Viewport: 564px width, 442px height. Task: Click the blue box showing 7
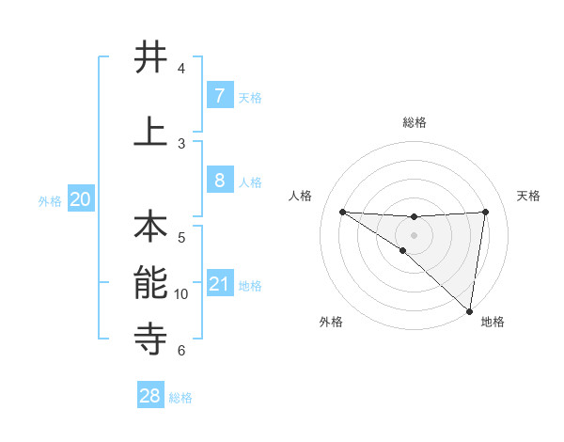pos(219,95)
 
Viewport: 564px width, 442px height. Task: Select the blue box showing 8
pos(219,180)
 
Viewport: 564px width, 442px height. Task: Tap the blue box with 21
pos(219,283)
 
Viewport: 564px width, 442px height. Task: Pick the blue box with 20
pos(81,199)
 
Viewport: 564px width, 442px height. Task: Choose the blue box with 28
pos(150,396)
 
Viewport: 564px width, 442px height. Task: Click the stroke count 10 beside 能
pos(181,294)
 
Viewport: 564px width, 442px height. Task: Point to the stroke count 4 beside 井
pos(181,69)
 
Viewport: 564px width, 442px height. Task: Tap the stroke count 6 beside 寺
pos(181,351)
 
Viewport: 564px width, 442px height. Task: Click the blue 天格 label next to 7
pos(250,97)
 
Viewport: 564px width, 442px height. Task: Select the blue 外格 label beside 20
pos(50,200)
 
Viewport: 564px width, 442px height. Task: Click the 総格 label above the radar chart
pos(415,123)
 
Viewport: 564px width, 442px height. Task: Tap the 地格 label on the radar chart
pos(492,323)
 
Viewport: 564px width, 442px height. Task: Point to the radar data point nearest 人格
pos(342,212)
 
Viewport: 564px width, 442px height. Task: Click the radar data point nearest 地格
pos(469,310)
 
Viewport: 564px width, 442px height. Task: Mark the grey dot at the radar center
pos(414,233)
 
